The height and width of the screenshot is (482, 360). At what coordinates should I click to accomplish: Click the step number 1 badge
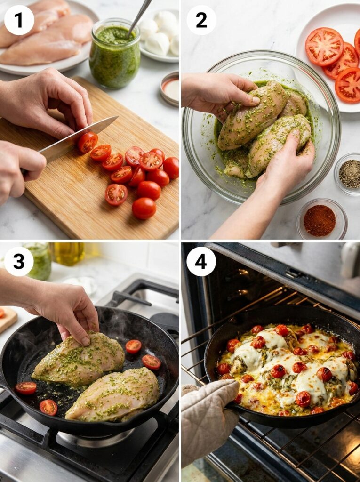point(19,20)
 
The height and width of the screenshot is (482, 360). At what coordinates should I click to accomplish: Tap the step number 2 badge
point(201,20)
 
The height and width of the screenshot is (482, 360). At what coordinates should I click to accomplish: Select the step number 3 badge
point(19,261)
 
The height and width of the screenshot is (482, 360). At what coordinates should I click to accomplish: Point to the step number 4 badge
point(201,261)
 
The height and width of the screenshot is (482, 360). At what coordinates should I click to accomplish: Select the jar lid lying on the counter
point(169,88)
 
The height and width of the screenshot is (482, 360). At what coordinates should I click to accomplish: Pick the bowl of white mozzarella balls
point(160,35)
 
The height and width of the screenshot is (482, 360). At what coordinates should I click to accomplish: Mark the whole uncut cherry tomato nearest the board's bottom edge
point(144,208)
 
